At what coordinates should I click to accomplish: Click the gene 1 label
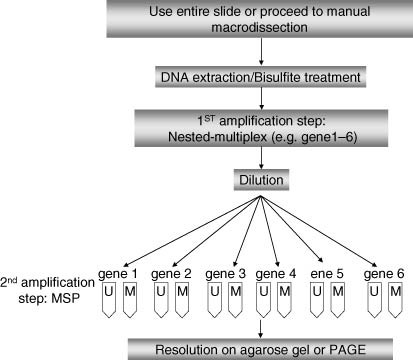coord(116,271)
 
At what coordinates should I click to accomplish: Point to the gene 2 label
coord(169,271)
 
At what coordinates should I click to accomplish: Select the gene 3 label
coord(222,271)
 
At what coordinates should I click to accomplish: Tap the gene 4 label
coord(274,271)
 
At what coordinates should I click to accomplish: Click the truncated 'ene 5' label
coord(328,271)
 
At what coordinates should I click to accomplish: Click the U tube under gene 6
coord(373,297)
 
